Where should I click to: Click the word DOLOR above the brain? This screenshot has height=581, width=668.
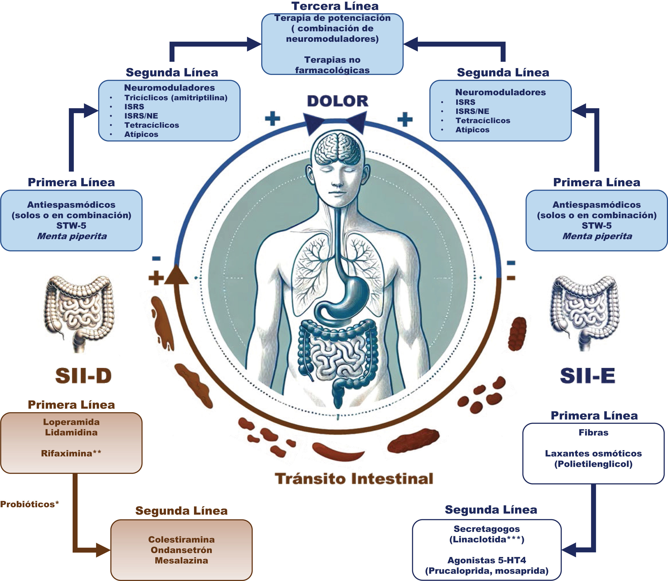[x=338, y=101]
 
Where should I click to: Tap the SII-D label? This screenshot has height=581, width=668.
[x=83, y=376]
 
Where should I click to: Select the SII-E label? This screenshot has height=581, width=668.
[x=588, y=376]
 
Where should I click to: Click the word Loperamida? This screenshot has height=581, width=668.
[x=71, y=422]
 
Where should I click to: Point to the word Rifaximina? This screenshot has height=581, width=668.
[x=67, y=453]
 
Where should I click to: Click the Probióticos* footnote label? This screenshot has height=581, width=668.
[x=29, y=504]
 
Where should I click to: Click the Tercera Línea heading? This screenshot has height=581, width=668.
[x=335, y=6]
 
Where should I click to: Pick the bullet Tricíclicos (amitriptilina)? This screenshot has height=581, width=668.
[x=176, y=98]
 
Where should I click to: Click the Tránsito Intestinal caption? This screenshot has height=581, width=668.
[x=354, y=479]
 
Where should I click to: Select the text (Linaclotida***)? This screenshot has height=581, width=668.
[x=486, y=539]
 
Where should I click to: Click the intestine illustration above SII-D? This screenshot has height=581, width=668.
[x=80, y=313]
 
